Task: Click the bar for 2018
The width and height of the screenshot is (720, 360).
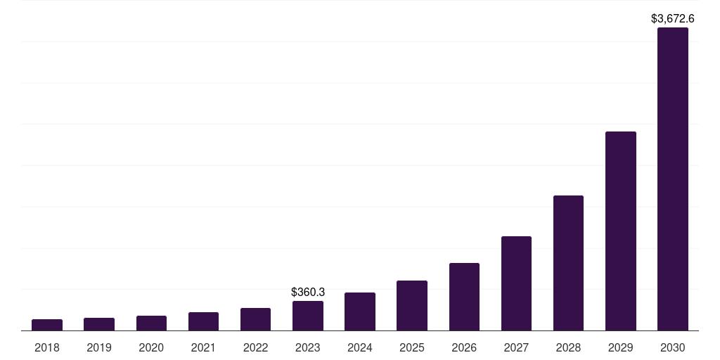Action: [x=47, y=325]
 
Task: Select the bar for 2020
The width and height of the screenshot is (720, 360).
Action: [x=151, y=323]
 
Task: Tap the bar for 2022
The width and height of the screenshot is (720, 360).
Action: [x=255, y=319]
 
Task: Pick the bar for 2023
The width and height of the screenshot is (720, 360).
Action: [x=307, y=316]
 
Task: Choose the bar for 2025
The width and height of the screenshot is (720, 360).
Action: [x=412, y=306]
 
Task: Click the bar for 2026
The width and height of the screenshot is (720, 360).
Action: [x=464, y=297]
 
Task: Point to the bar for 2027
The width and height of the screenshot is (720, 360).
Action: [x=516, y=283]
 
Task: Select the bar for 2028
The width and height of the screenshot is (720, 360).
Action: [x=568, y=263]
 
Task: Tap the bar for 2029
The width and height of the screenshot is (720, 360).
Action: [x=620, y=231]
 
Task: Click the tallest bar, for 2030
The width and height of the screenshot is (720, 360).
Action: [x=672, y=179]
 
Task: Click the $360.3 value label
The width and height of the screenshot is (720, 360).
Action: [x=307, y=292]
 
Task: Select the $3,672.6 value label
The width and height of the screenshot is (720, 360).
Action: [x=673, y=18]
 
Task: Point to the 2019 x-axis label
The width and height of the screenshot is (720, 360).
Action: [x=99, y=347]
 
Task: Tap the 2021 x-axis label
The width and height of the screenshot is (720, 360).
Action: [x=203, y=347]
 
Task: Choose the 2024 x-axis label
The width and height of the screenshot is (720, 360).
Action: [x=360, y=347]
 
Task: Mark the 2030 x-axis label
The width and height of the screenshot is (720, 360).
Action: [x=673, y=347]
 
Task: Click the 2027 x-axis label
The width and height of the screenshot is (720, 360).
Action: [x=516, y=347]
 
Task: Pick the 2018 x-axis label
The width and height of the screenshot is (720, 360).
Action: [x=47, y=347]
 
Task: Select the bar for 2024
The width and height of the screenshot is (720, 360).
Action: [x=360, y=311]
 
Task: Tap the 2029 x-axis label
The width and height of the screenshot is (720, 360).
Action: [x=620, y=347]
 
